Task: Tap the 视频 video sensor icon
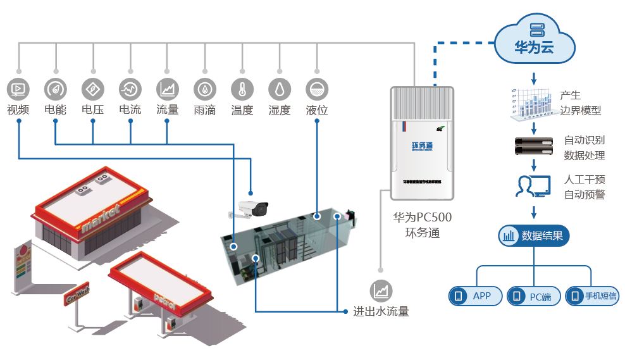click(x=18, y=89)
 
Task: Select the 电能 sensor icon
click(x=56, y=89)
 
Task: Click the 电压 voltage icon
click(x=93, y=89)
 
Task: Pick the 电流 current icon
click(x=130, y=89)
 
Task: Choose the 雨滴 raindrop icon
click(x=205, y=89)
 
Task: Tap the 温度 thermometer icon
click(x=242, y=89)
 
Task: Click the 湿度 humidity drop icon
click(x=280, y=89)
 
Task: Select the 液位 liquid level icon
click(x=317, y=89)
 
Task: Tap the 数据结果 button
click(x=534, y=236)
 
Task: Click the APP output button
click(x=476, y=295)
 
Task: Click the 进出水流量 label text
click(x=381, y=311)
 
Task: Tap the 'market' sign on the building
click(x=100, y=218)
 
